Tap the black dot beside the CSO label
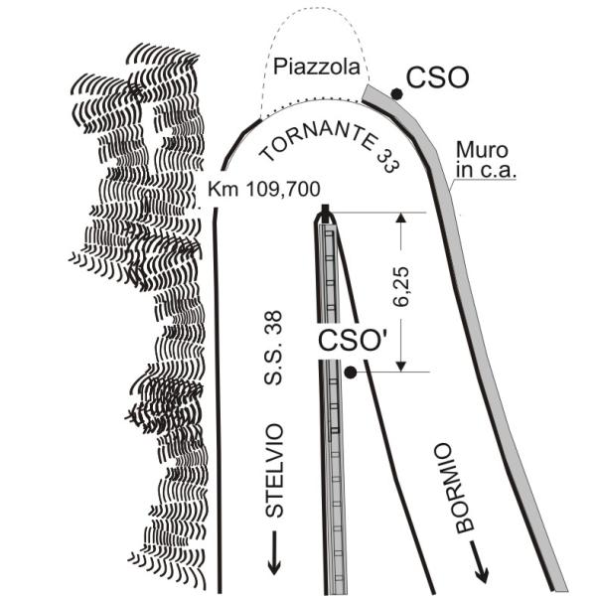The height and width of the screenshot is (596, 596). (396, 93)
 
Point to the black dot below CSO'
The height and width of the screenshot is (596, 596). (351, 372)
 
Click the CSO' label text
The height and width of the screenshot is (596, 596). (353, 340)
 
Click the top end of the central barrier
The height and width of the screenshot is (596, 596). (325, 212)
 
